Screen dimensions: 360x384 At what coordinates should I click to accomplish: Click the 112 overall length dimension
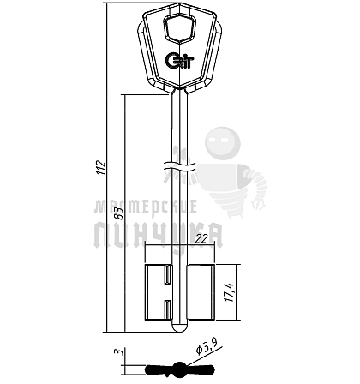[x=100, y=167]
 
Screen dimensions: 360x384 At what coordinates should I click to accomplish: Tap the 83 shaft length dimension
[x=119, y=213]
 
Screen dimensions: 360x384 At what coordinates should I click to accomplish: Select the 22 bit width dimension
[x=201, y=239]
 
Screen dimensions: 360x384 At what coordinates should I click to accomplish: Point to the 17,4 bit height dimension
[x=229, y=292]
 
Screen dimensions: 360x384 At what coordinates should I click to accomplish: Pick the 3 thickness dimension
[x=118, y=351]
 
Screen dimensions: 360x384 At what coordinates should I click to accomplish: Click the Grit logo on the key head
[x=180, y=60]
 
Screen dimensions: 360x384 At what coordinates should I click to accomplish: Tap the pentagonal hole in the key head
[x=179, y=28]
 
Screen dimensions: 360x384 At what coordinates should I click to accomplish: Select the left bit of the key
[x=159, y=292]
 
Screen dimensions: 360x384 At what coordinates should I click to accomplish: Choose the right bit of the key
[x=201, y=292]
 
